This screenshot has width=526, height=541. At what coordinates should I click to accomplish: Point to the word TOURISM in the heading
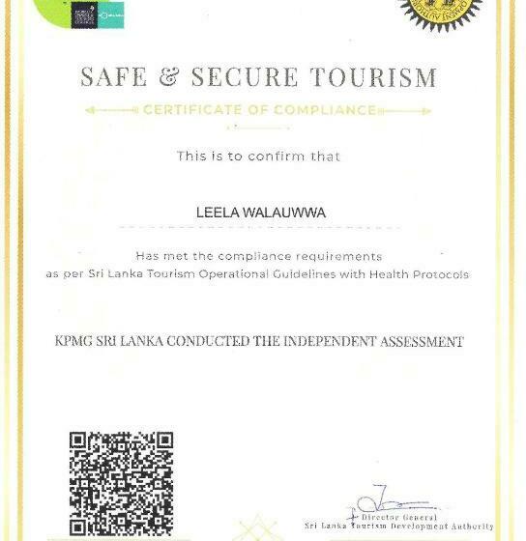(379, 76)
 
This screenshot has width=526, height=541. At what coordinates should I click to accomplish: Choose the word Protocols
(439, 274)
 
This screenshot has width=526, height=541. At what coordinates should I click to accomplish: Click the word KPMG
(79, 342)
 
